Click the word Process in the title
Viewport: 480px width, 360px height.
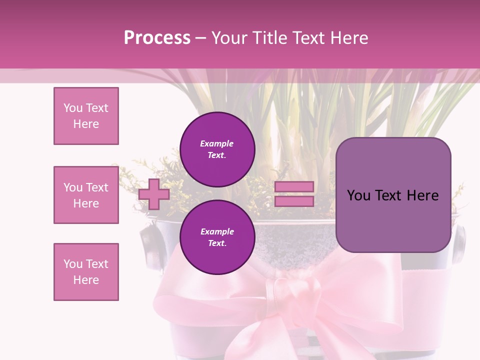coord(157,38)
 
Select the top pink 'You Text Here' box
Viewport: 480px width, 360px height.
coord(86,116)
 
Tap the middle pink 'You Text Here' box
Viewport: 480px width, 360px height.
coord(86,195)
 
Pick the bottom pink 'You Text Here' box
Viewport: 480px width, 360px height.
coord(86,272)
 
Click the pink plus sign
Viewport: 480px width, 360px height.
coord(154,194)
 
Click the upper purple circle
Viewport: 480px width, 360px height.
coord(217,149)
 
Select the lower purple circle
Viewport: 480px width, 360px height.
coord(217,237)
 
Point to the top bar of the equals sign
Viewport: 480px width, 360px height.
coord(294,186)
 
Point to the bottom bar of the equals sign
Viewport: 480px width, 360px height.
coord(294,201)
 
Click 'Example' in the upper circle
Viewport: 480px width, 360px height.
coord(217,143)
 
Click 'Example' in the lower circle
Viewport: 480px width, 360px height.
coord(217,231)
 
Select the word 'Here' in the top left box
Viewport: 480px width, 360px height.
coord(86,124)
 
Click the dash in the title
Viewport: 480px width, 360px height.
coord(201,38)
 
